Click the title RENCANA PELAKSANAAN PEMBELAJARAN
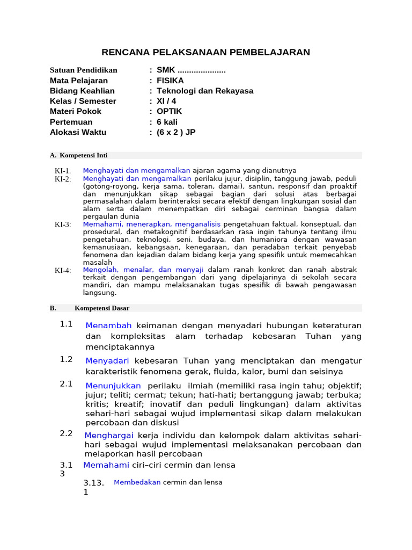(206, 52)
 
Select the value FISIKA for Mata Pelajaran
(170, 81)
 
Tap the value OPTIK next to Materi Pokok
(170, 111)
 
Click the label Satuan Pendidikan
(83, 70)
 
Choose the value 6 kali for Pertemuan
(167, 122)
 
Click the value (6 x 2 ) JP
(176, 132)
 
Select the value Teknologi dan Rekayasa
(205, 91)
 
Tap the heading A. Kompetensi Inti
(79, 155)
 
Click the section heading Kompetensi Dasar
(102, 308)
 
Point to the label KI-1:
(63, 171)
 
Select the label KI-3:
(63, 225)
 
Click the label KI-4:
(63, 270)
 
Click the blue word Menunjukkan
(113, 386)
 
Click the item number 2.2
(67, 433)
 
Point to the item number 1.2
(67, 359)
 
